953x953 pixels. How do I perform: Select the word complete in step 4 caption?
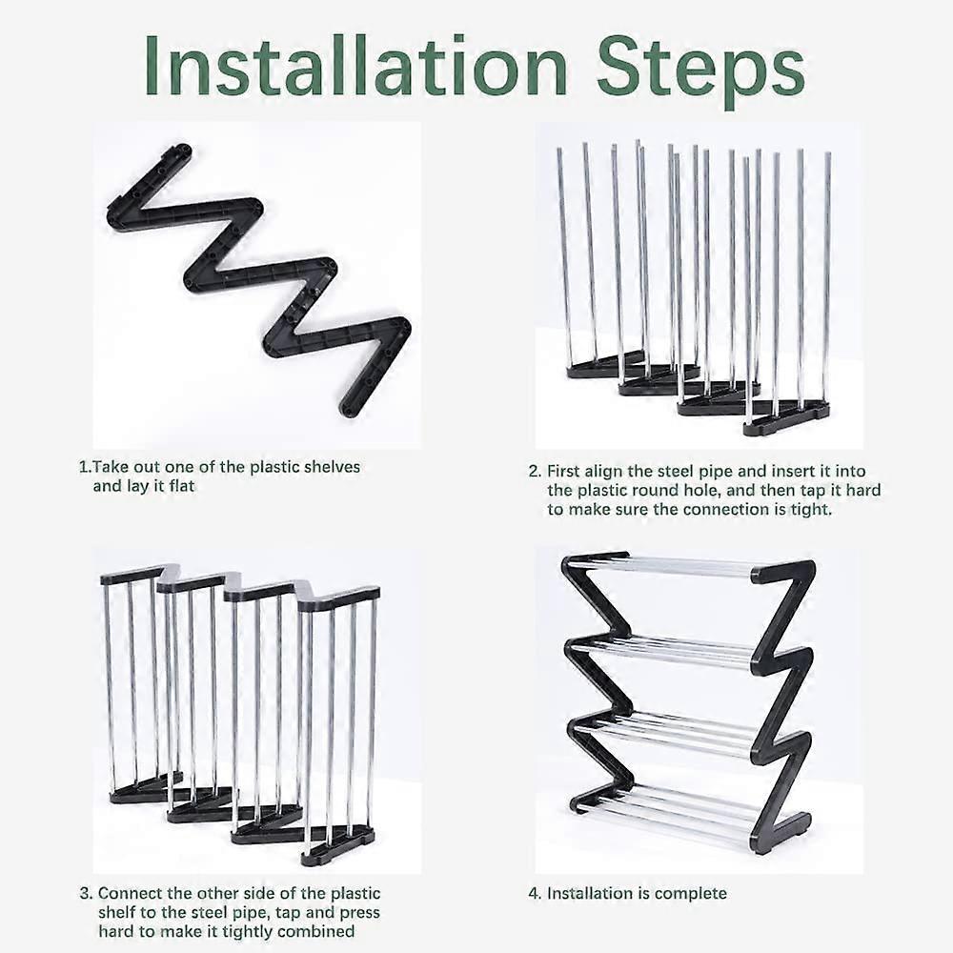coord(696,894)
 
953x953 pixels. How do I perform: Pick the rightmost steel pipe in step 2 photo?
coord(825,276)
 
